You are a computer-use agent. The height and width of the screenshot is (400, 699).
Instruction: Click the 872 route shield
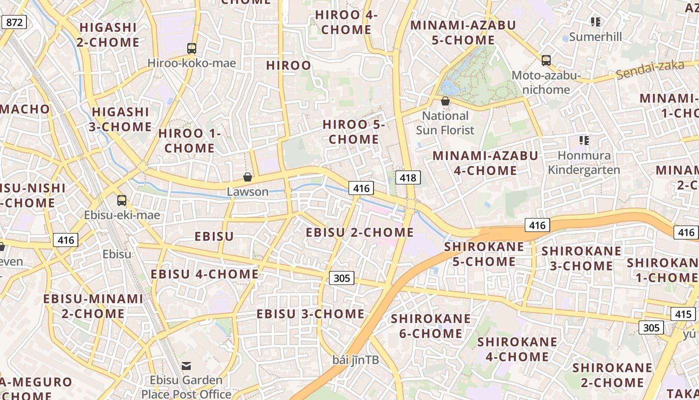[14, 21]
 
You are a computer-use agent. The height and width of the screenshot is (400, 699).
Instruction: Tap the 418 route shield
[408, 177]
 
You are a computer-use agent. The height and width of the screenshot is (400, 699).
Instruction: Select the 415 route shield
[683, 314]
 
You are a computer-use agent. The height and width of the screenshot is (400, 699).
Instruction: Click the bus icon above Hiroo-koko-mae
[192, 48]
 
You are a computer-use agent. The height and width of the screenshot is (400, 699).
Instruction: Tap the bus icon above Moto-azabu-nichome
[546, 60]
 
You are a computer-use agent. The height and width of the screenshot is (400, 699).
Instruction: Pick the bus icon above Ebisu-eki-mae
[122, 200]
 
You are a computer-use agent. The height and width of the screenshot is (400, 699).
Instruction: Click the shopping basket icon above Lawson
[247, 177]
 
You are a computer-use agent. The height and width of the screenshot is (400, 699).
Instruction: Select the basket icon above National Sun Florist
[445, 101]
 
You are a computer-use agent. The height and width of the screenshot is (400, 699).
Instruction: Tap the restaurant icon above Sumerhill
[595, 21]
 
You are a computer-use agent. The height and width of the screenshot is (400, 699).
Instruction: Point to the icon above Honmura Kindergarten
[584, 140]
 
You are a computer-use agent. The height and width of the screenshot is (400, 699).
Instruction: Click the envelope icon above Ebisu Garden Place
[186, 366]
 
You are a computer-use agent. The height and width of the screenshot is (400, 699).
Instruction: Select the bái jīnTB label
[355, 360]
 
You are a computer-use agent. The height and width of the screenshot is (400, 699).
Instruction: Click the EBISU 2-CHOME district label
[359, 232]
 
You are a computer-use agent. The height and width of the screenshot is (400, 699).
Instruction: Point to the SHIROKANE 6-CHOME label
[430, 326]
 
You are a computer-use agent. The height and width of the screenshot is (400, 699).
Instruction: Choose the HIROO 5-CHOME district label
[353, 132]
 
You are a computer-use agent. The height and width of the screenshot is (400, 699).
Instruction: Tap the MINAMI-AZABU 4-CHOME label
[485, 163]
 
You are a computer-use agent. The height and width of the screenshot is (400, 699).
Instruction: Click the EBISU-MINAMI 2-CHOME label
[93, 306]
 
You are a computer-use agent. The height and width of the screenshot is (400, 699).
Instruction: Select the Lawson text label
[248, 191]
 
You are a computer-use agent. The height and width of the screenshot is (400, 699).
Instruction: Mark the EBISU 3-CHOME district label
[311, 314]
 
